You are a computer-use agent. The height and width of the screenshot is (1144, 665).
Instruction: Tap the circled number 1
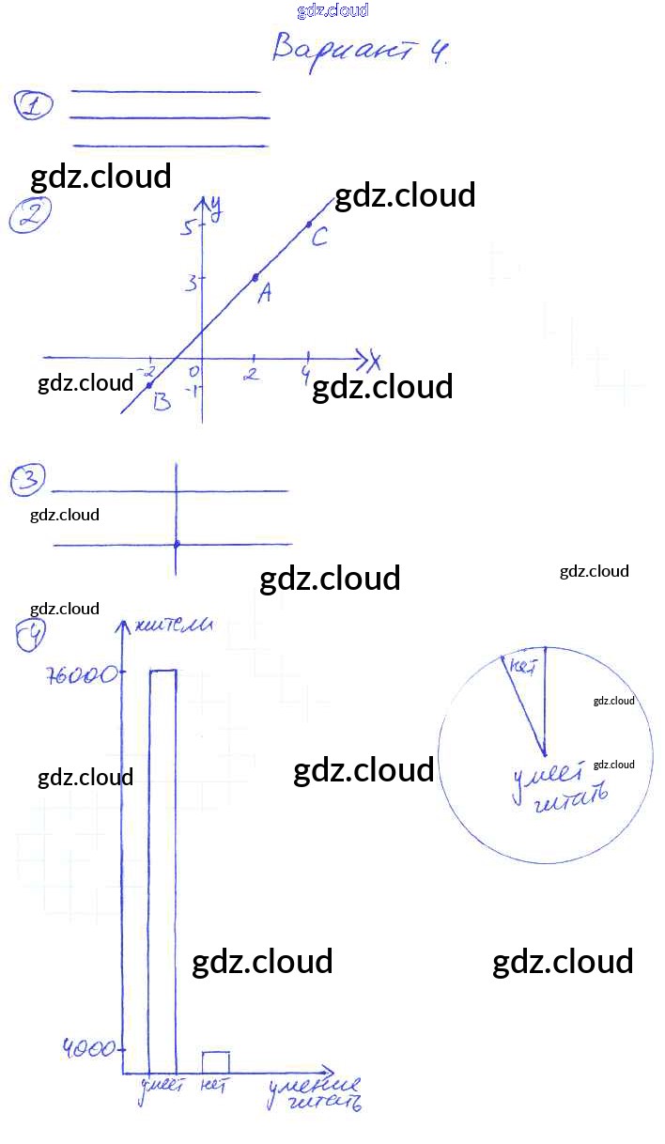click(34, 106)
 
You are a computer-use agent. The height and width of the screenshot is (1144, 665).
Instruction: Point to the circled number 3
click(28, 481)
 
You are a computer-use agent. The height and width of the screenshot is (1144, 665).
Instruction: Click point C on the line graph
click(309, 224)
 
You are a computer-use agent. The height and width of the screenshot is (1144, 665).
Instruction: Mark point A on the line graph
click(255, 278)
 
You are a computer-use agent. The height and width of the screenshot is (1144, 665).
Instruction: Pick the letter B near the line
click(162, 402)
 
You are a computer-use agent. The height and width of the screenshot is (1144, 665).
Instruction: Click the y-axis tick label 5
click(189, 227)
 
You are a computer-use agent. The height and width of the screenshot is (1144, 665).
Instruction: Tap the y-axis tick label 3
click(191, 281)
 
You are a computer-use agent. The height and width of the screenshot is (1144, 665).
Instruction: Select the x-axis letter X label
click(374, 360)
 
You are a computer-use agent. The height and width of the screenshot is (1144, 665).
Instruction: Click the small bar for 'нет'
click(216, 1062)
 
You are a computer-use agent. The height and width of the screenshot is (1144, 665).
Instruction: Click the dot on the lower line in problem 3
click(177, 544)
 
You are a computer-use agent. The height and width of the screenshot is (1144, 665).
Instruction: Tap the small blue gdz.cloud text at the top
click(332, 10)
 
